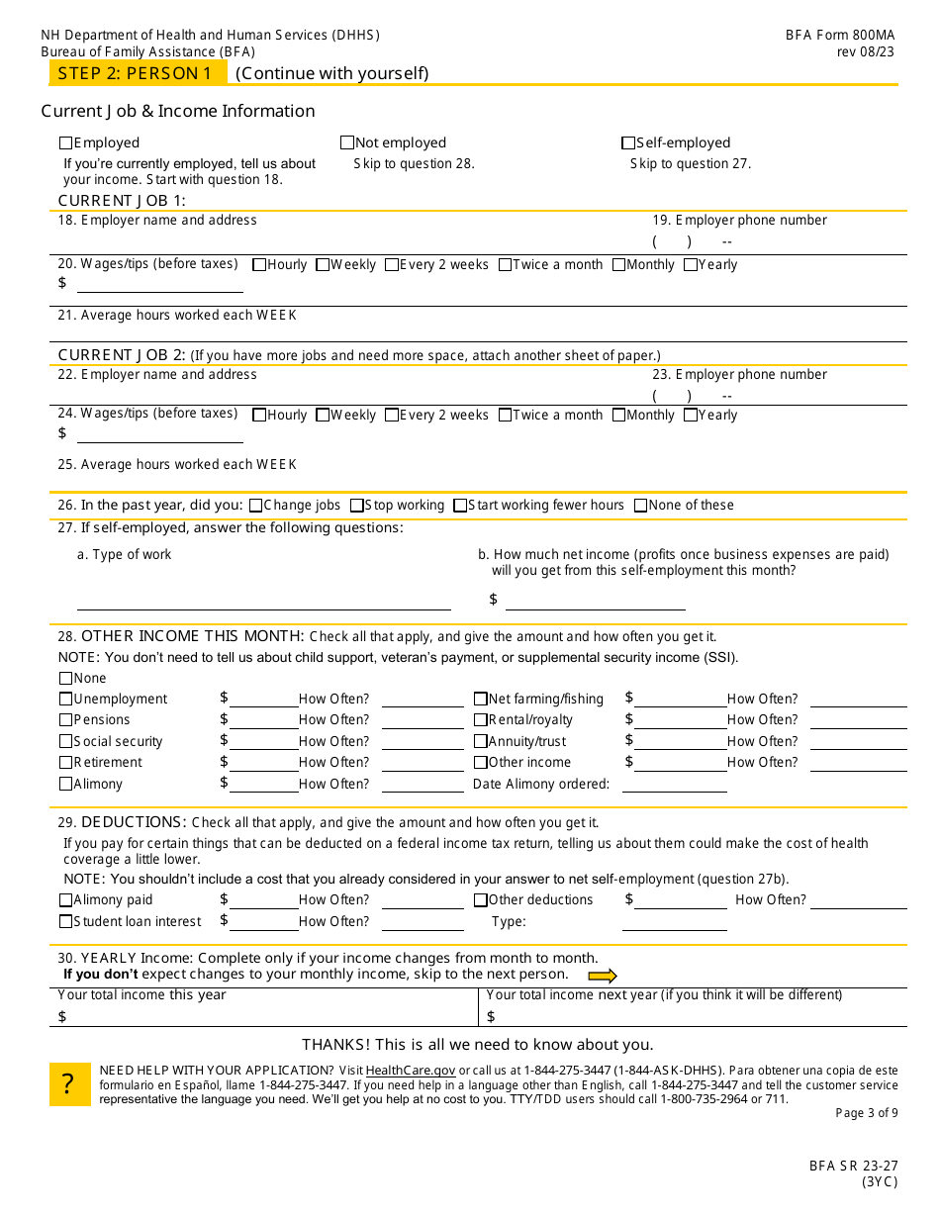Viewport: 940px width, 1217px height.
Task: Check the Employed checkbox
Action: click(66, 142)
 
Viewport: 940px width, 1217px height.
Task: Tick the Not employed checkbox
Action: click(347, 142)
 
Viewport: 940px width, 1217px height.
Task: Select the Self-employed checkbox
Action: click(628, 142)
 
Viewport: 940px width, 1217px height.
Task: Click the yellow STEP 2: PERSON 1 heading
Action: click(136, 73)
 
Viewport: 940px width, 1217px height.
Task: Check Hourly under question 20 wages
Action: click(259, 265)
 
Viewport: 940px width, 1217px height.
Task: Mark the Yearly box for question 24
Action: click(691, 416)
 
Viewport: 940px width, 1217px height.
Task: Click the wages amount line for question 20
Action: click(159, 285)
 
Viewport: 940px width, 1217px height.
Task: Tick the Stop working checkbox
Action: click(357, 506)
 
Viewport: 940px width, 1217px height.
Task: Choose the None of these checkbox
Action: click(641, 506)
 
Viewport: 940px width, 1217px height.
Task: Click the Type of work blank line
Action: click(263, 602)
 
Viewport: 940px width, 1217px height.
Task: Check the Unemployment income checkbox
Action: click(66, 700)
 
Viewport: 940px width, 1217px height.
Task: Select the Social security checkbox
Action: click(66, 742)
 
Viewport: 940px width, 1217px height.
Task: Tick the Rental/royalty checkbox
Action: click(481, 720)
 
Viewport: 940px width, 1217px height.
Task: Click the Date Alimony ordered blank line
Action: click(674, 785)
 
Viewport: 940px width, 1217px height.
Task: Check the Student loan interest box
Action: click(66, 922)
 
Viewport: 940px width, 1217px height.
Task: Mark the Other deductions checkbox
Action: click(481, 900)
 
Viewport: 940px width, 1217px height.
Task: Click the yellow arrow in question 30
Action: click(602, 976)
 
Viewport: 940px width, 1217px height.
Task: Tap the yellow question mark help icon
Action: click(69, 1085)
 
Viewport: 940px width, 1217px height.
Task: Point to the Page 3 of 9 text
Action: click(867, 1113)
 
